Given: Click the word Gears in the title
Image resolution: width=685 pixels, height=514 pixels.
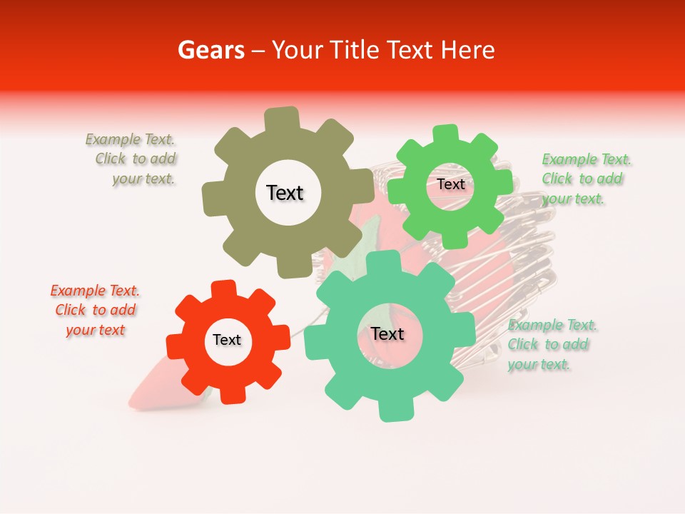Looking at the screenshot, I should (210, 51).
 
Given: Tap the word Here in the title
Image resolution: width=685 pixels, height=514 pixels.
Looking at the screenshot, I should (468, 51).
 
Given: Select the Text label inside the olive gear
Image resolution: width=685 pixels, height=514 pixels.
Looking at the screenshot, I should (285, 193).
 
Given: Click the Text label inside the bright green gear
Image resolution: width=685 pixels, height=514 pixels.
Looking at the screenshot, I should (451, 184).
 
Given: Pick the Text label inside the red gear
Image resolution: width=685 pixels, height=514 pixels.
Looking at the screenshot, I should (227, 341).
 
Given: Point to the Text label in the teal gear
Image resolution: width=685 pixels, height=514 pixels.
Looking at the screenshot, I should (387, 334).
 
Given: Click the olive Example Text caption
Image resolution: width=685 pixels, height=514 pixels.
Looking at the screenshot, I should (131, 159).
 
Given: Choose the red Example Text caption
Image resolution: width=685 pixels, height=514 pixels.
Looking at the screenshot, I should (96, 310).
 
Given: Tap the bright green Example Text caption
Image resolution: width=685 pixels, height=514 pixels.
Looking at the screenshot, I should (587, 178).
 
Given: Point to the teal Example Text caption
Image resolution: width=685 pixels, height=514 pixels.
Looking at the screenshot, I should (552, 344).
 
